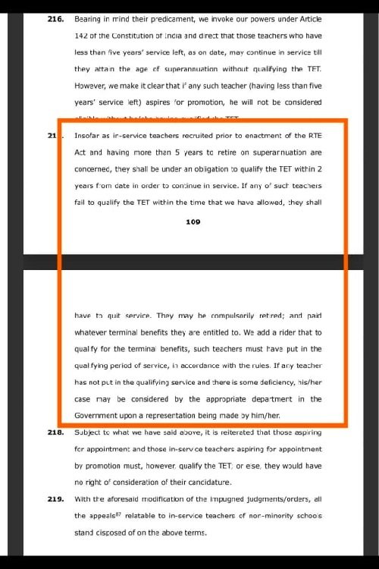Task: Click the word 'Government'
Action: click(98, 416)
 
